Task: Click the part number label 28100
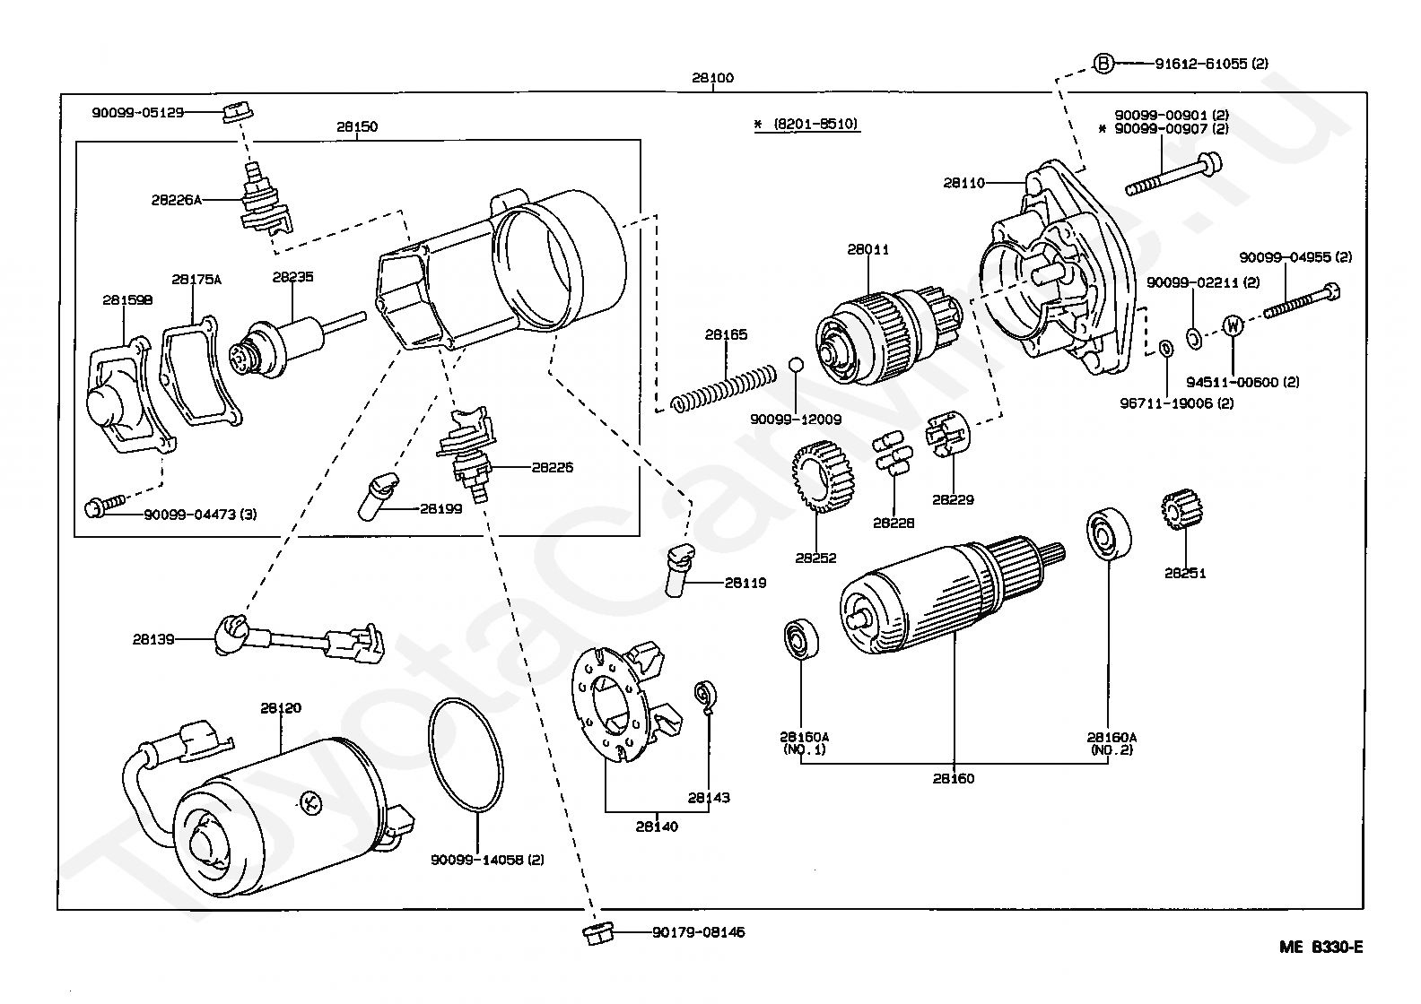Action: (x=712, y=78)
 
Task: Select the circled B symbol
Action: (x=1103, y=64)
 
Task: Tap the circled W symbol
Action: (x=1233, y=325)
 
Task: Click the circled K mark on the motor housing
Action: (x=310, y=803)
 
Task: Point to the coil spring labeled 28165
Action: (x=723, y=388)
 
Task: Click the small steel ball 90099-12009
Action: (x=796, y=365)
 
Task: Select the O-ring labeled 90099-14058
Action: (x=466, y=754)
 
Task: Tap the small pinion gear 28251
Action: (x=1181, y=509)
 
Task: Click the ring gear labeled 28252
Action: (x=824, y=477)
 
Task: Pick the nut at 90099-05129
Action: (x=238, y=112)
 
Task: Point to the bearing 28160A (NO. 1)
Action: (x=801, y=640)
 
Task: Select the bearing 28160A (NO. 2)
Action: (x=1108, y=533)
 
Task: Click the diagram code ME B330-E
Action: (x=1321, y=947)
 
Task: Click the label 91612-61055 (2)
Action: (x=1211, y=64)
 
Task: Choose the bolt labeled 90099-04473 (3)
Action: (x=105, y=506)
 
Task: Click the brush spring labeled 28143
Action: (x=704, y=697)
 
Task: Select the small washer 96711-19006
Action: (x=1165, y=348)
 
